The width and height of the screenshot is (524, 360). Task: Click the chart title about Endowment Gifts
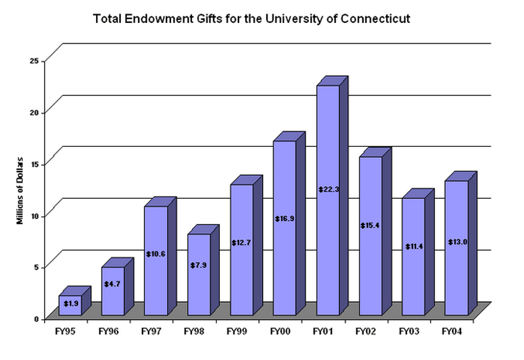tap(251, 19)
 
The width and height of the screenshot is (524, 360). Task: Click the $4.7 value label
tap(113, 284)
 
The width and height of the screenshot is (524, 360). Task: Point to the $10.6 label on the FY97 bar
tap(156, 253)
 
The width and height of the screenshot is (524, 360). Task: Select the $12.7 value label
tap(242, 242)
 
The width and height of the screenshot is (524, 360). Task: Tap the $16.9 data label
tap(285, 218)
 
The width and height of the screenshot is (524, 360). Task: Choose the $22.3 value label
tap(328, 189)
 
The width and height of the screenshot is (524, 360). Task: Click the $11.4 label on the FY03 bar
tap(414, 247)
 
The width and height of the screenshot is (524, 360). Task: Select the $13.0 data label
tap(457, 242)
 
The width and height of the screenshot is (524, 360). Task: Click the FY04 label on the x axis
tap(452, 331)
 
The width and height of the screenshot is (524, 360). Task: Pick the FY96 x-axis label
tap(109, 331)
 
